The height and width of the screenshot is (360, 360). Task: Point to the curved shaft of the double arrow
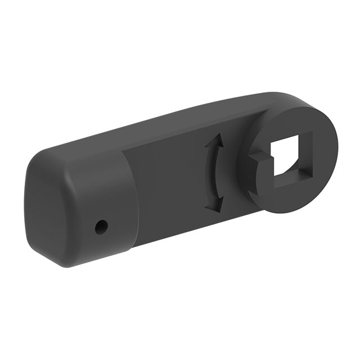(211, 174)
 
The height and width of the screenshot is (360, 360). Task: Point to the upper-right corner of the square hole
(309, 135)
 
